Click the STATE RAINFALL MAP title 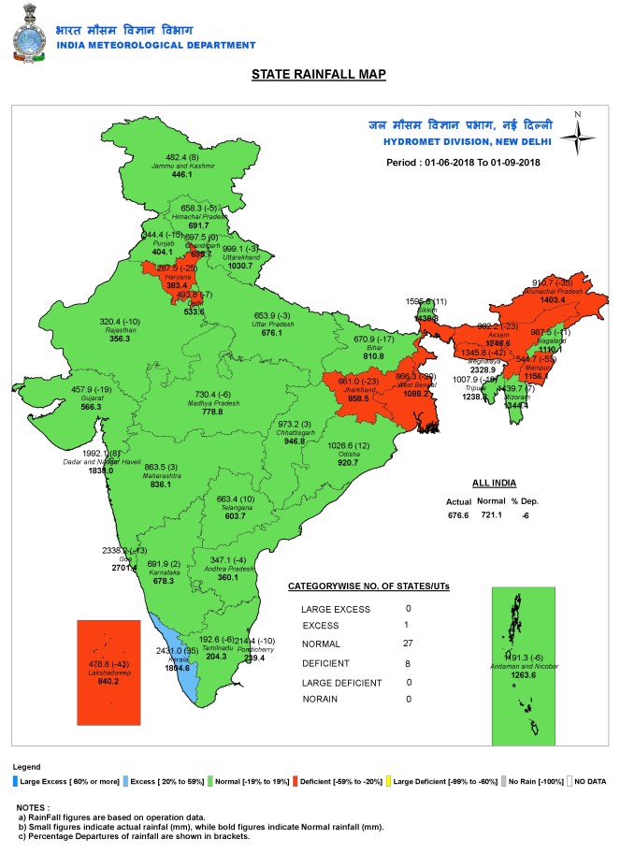319,74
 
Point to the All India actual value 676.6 459,514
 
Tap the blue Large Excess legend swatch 15,780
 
